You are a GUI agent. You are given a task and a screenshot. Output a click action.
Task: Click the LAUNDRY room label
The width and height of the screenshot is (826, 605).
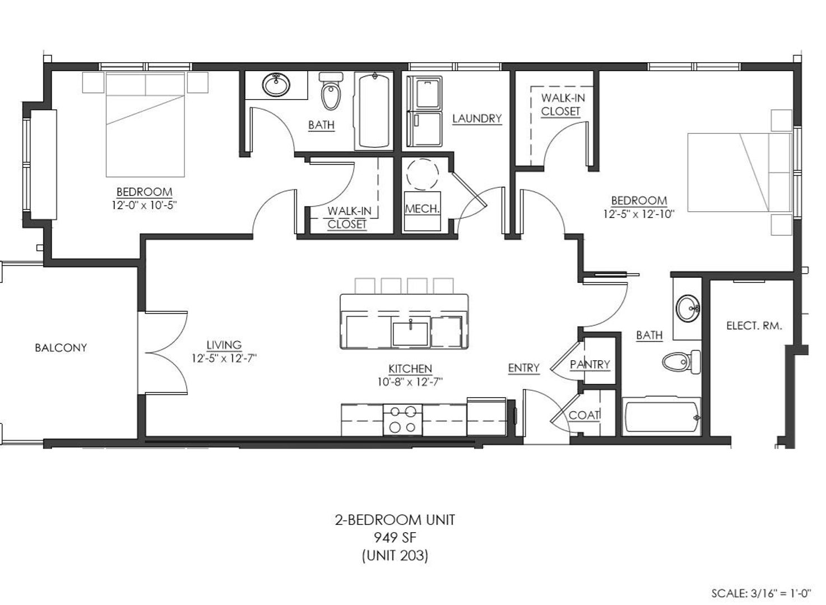[477, 119]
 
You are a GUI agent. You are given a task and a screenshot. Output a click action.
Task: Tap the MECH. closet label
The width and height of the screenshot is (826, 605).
[422, 209]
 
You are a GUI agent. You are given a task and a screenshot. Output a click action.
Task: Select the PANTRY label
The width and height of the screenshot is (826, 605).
[590, 365]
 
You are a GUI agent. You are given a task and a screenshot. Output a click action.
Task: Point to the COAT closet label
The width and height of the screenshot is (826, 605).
[584, 415]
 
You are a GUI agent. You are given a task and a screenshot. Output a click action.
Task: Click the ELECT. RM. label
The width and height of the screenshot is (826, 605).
[754, 326]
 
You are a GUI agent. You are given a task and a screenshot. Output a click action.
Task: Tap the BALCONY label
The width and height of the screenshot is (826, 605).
[61, 348]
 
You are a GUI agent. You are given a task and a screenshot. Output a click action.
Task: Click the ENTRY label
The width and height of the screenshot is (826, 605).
[523, 368]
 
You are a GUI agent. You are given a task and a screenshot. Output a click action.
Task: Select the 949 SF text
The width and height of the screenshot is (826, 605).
[395, 538]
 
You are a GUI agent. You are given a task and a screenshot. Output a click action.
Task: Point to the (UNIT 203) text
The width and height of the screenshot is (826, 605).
[395, 555]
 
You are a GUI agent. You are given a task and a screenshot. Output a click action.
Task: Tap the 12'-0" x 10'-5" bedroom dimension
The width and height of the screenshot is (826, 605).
[145, 205]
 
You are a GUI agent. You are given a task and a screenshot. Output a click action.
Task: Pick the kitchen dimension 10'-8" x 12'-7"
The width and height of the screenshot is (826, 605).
[410, 382]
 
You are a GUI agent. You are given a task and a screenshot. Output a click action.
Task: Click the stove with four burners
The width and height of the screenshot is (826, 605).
[403, 420]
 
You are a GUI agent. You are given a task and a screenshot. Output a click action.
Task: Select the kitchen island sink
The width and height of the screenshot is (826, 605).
[410, 333]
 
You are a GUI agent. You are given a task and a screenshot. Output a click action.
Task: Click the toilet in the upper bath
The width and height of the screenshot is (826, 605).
[331, 91]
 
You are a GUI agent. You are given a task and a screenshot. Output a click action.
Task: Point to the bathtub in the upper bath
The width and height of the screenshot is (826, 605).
[374, 110]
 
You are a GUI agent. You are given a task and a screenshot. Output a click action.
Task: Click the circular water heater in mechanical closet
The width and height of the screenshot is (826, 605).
[423, 175]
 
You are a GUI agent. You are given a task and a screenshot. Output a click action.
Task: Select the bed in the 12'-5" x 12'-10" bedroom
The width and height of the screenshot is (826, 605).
[740, 173]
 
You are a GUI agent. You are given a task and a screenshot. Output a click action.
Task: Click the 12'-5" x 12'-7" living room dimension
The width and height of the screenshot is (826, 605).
[224, 358]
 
